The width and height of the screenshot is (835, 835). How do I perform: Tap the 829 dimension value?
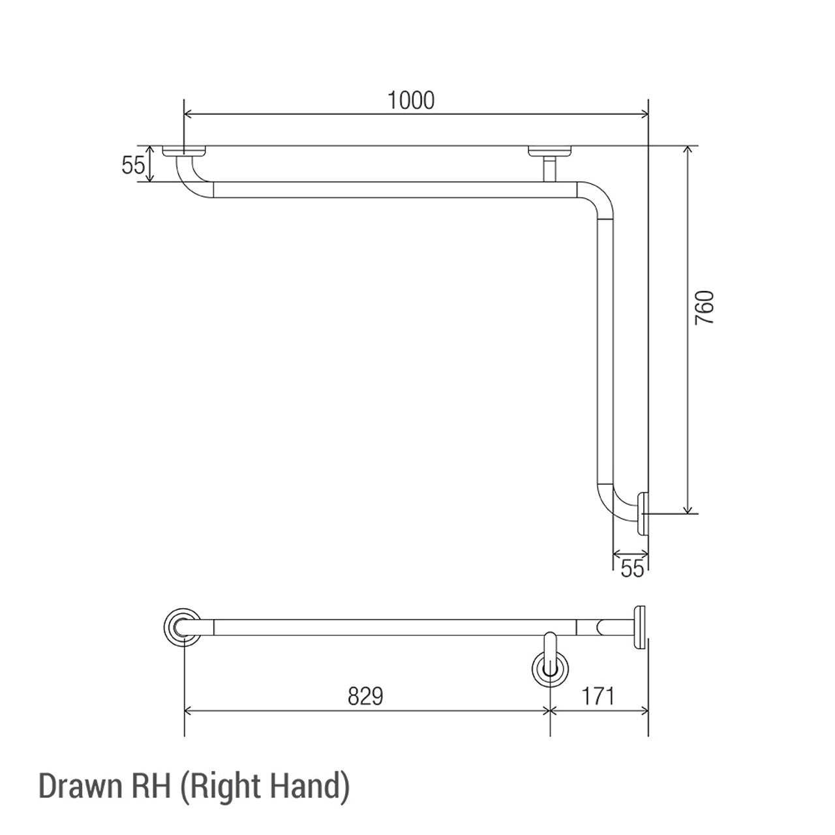365,697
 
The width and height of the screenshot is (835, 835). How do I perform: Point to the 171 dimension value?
596,697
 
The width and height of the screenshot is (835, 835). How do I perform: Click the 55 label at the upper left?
132,166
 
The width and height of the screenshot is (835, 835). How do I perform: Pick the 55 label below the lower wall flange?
631,568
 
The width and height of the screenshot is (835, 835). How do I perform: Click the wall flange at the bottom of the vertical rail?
643,514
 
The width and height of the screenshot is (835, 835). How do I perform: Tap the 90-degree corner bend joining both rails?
598,200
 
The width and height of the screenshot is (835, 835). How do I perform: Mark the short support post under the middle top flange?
549,168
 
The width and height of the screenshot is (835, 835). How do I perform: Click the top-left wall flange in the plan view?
185,152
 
